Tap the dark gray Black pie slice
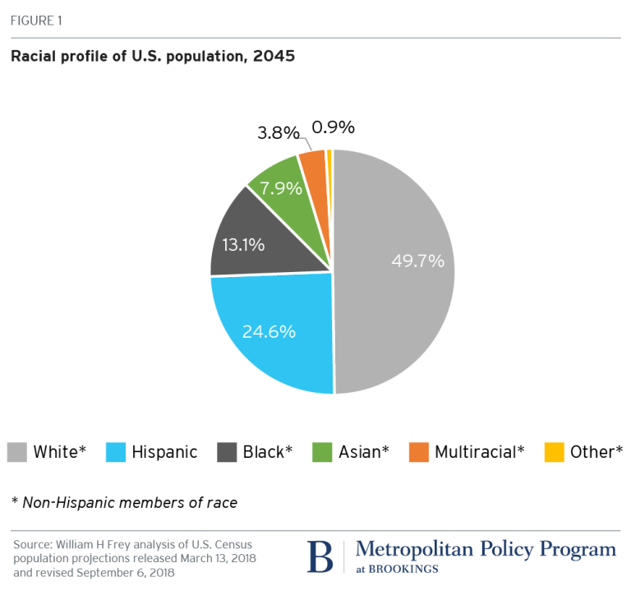click(263, 238)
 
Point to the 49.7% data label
click(417, 261)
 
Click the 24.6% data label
click(269, 332)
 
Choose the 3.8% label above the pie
click(276, 132)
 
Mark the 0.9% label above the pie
click(333, 127)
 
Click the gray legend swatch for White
click(17, 451)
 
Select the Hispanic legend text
click(164, 451)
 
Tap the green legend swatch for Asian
click(323, 451)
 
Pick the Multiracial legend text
click(479, 451)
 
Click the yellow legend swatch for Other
click(555, 451)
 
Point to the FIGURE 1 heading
click(35, 21)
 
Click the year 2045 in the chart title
click(276, 57)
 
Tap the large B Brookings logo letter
click(320, 556)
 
